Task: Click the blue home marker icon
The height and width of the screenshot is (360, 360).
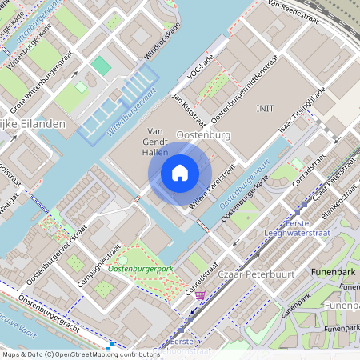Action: click(x=180, y=172)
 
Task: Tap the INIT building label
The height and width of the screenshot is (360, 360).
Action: click(x=265, y=107)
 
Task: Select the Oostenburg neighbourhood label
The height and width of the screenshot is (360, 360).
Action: click(x=202, y=135)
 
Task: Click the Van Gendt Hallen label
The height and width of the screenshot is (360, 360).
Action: click(x=158, y=141)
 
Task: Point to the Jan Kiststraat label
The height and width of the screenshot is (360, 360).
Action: click(x=189, y=110)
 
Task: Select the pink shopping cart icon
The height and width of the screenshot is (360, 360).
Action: click(x=200, y=294)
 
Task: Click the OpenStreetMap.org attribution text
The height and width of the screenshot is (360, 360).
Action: click(x=78, y=354)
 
